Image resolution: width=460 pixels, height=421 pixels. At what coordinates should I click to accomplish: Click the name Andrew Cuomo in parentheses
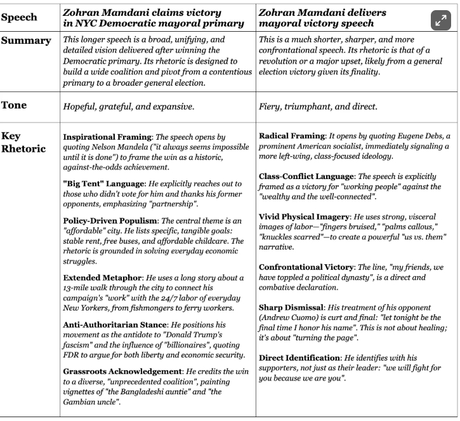click(286, 317)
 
